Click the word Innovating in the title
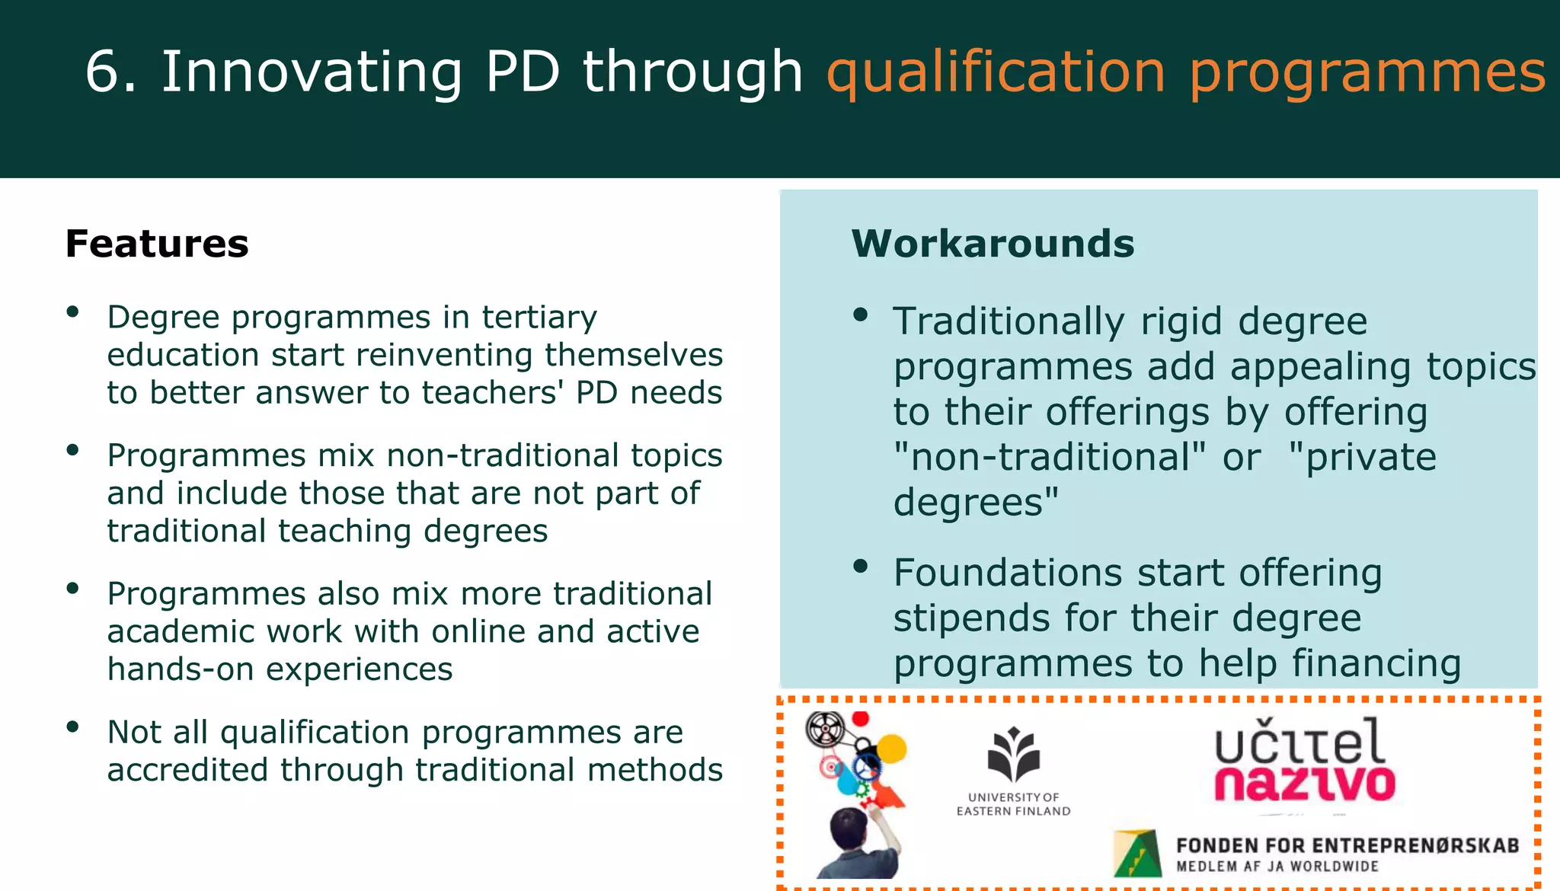click(x=312, y=72)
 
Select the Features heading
click(x=157, y=244)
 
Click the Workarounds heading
click(x=993, y=244)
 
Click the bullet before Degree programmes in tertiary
click(x=73, y=311)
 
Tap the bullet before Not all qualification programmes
click(x=73, y=727)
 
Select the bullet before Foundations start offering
click(x=861, y=566)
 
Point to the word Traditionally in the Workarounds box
click(x=1008, y=321)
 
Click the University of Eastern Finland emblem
click(x=1013, y=755)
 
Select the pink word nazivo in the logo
click(x=1304, y=784)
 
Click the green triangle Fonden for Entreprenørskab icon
click(x=1137, y=853)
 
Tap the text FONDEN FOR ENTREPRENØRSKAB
click(x=1347, y=845)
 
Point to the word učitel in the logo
click(x=1299, y=742)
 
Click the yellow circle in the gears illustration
click(x=893, y=749)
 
